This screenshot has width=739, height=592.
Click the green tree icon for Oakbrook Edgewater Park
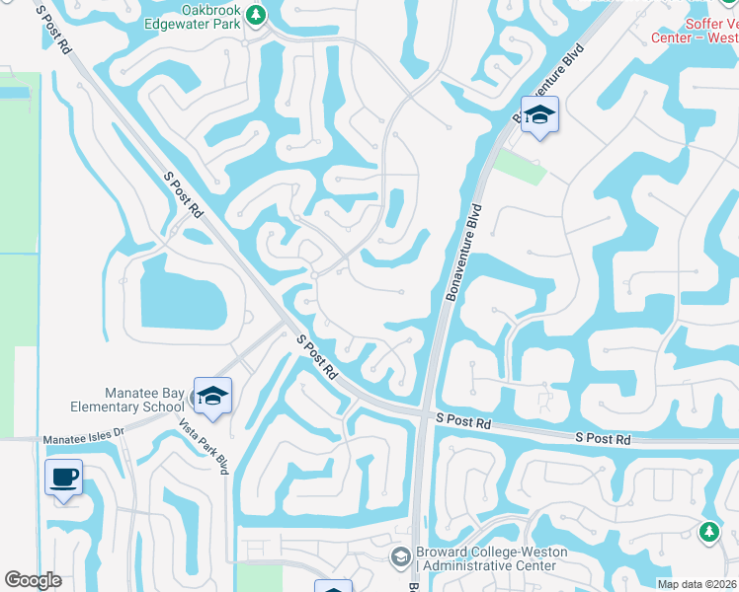point(256,15)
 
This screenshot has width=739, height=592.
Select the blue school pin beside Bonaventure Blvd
point(540,115)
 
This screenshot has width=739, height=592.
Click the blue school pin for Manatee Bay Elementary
point(212,397)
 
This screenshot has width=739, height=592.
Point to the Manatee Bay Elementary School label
point(127,399)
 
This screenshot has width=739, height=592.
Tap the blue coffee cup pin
point(64,479)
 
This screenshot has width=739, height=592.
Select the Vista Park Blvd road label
point(205,446)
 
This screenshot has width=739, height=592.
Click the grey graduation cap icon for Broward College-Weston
point(400,557)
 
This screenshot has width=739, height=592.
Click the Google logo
point(33,580)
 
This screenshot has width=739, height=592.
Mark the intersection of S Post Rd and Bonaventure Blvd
point(423,414)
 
